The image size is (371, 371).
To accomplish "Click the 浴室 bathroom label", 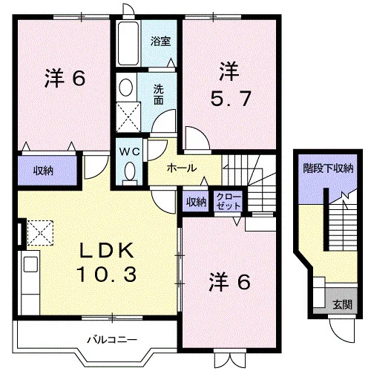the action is pos(160,42).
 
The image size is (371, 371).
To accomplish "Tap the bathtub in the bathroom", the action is pos(128,44).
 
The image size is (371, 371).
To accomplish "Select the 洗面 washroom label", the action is pos(158,94).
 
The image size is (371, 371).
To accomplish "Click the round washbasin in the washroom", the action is pos(125,88).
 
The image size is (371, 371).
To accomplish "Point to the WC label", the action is pos(130,152).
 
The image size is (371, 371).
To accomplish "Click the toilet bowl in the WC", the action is pos(130,172).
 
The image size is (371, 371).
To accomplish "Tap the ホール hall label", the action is pos(182,168).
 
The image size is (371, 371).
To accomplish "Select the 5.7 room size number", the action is pos(231,99).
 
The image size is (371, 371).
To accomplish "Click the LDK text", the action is pos(107,250).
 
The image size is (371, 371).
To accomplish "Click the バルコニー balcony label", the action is pos(112,340).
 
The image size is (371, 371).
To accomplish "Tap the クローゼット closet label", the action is pos(229,202).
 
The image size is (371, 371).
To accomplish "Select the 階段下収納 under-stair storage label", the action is pos(328,168).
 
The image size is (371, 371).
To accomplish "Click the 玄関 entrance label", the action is pos(342,304).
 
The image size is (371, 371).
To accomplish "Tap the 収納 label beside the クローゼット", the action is pos(196,202).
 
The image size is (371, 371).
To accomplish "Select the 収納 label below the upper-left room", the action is pos(44,171).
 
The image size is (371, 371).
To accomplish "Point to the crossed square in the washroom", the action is pos(128,117).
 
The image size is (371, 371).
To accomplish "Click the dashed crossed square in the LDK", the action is pos(40,233).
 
